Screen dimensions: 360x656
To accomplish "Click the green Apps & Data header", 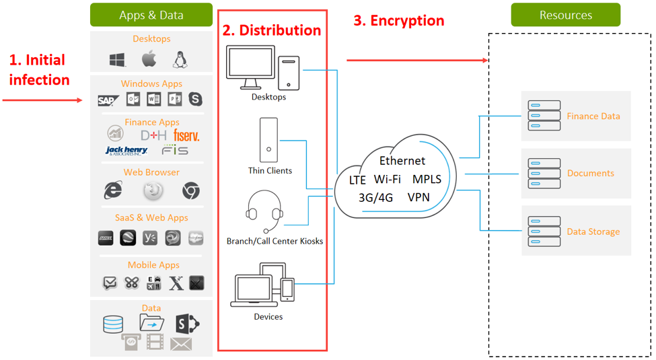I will pyautogui.click(x=151, y=15).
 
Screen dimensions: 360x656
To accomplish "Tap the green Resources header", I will pyautogui.click(x=565, y=15).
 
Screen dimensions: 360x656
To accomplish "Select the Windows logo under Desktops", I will pyautogui.click(x=118, y=60).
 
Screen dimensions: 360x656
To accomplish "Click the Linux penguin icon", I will pyautogui.click(x=179, y=59).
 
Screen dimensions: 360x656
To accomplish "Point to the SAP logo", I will pyautogui.click(x=108, y=100).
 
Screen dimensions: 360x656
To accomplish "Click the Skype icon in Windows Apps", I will pyautogui.click(x=195, y=99).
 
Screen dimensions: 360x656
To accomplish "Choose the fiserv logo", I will pyautogui.click(x=186, y=135).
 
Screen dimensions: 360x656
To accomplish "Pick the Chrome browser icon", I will pyautogui.click(x=191, y=191).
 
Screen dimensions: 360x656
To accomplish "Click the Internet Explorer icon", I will pyautogui.click(x=113, y=190).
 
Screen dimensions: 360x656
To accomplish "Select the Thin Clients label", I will pyautogui.click(x=270, y=171).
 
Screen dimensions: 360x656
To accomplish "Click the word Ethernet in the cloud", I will pyautogui.click(x=402, y=161).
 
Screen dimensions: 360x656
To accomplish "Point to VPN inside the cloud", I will pyautogui.click(x=418, y=198).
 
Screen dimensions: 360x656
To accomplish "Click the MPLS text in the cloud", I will pyautogui.click(x=427, y=179).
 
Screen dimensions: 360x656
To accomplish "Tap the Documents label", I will pyautogui.click(x=590, y=173).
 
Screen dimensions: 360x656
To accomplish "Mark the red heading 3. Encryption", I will pyautogui.click(x=399, y=21).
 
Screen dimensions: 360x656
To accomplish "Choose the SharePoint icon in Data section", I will pyautogui.click(x=186, y=324).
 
